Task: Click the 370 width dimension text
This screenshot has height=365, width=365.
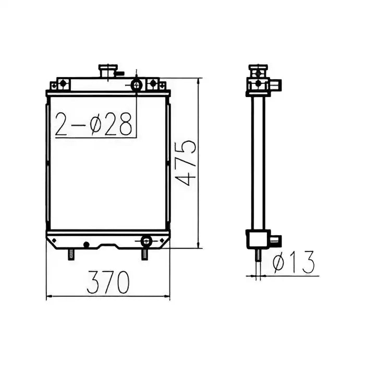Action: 108,282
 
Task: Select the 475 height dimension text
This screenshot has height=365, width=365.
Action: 186,162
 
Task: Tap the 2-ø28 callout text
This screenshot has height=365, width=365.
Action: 95,124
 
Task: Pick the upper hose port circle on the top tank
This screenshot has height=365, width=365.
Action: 136,84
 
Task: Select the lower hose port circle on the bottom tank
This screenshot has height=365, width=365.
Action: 146,240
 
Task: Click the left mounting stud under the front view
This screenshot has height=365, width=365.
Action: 71,254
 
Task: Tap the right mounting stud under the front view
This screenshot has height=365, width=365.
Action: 144,254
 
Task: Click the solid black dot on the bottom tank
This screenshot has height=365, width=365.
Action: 87,244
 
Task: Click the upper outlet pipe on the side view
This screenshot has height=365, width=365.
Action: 275,84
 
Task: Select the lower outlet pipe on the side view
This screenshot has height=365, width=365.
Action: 275,240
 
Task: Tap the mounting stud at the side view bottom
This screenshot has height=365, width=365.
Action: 258,254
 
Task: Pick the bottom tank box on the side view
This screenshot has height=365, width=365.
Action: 257,239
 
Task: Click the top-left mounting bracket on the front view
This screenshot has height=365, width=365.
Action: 60,84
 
